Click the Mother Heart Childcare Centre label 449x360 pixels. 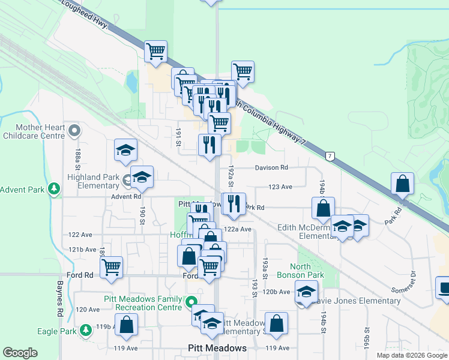(32, 131)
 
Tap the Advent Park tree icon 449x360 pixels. (55, 190)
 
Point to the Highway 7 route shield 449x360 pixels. (330, 156)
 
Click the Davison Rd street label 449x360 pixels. (271, 167)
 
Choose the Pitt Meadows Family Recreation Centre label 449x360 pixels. (148, 303)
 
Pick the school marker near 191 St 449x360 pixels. (126, 151)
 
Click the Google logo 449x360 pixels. (20, 353)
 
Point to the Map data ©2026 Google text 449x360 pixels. (411, 355)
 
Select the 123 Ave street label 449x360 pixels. (280, 187)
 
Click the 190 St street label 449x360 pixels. (143, 215)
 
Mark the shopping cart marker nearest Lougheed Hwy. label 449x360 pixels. (156, 51)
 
